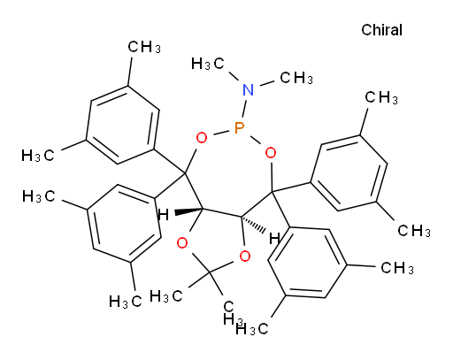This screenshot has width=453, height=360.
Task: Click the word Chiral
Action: pos(381,30)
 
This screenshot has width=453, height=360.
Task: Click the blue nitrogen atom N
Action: pos(248,89)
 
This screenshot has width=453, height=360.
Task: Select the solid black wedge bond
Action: pos(188,211)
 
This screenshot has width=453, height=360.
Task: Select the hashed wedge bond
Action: pos(253,225)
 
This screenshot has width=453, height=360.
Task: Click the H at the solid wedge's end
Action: pos(164,215)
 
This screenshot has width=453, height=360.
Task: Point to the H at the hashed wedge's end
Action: pos(274,239)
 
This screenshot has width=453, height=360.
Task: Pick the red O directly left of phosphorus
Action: pos(202,138)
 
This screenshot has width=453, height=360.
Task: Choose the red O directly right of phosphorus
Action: pos(271,153)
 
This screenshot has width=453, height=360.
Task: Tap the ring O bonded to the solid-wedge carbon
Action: pos(182,243)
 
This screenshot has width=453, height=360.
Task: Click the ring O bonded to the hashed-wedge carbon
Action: pos(245,257)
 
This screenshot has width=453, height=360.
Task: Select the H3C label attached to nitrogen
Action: pos(207,64)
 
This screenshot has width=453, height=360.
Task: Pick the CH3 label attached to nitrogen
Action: pos(296,78)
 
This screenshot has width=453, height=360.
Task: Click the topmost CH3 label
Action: pos(144,47)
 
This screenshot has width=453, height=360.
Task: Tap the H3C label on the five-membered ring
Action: pos(165,295)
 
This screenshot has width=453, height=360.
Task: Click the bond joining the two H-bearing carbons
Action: pos(221,212)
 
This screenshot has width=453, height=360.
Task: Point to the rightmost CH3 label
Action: pos(414,230)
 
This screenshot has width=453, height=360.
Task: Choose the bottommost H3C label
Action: pos(251,328)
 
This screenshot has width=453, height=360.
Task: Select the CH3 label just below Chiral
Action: pos(381,97)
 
